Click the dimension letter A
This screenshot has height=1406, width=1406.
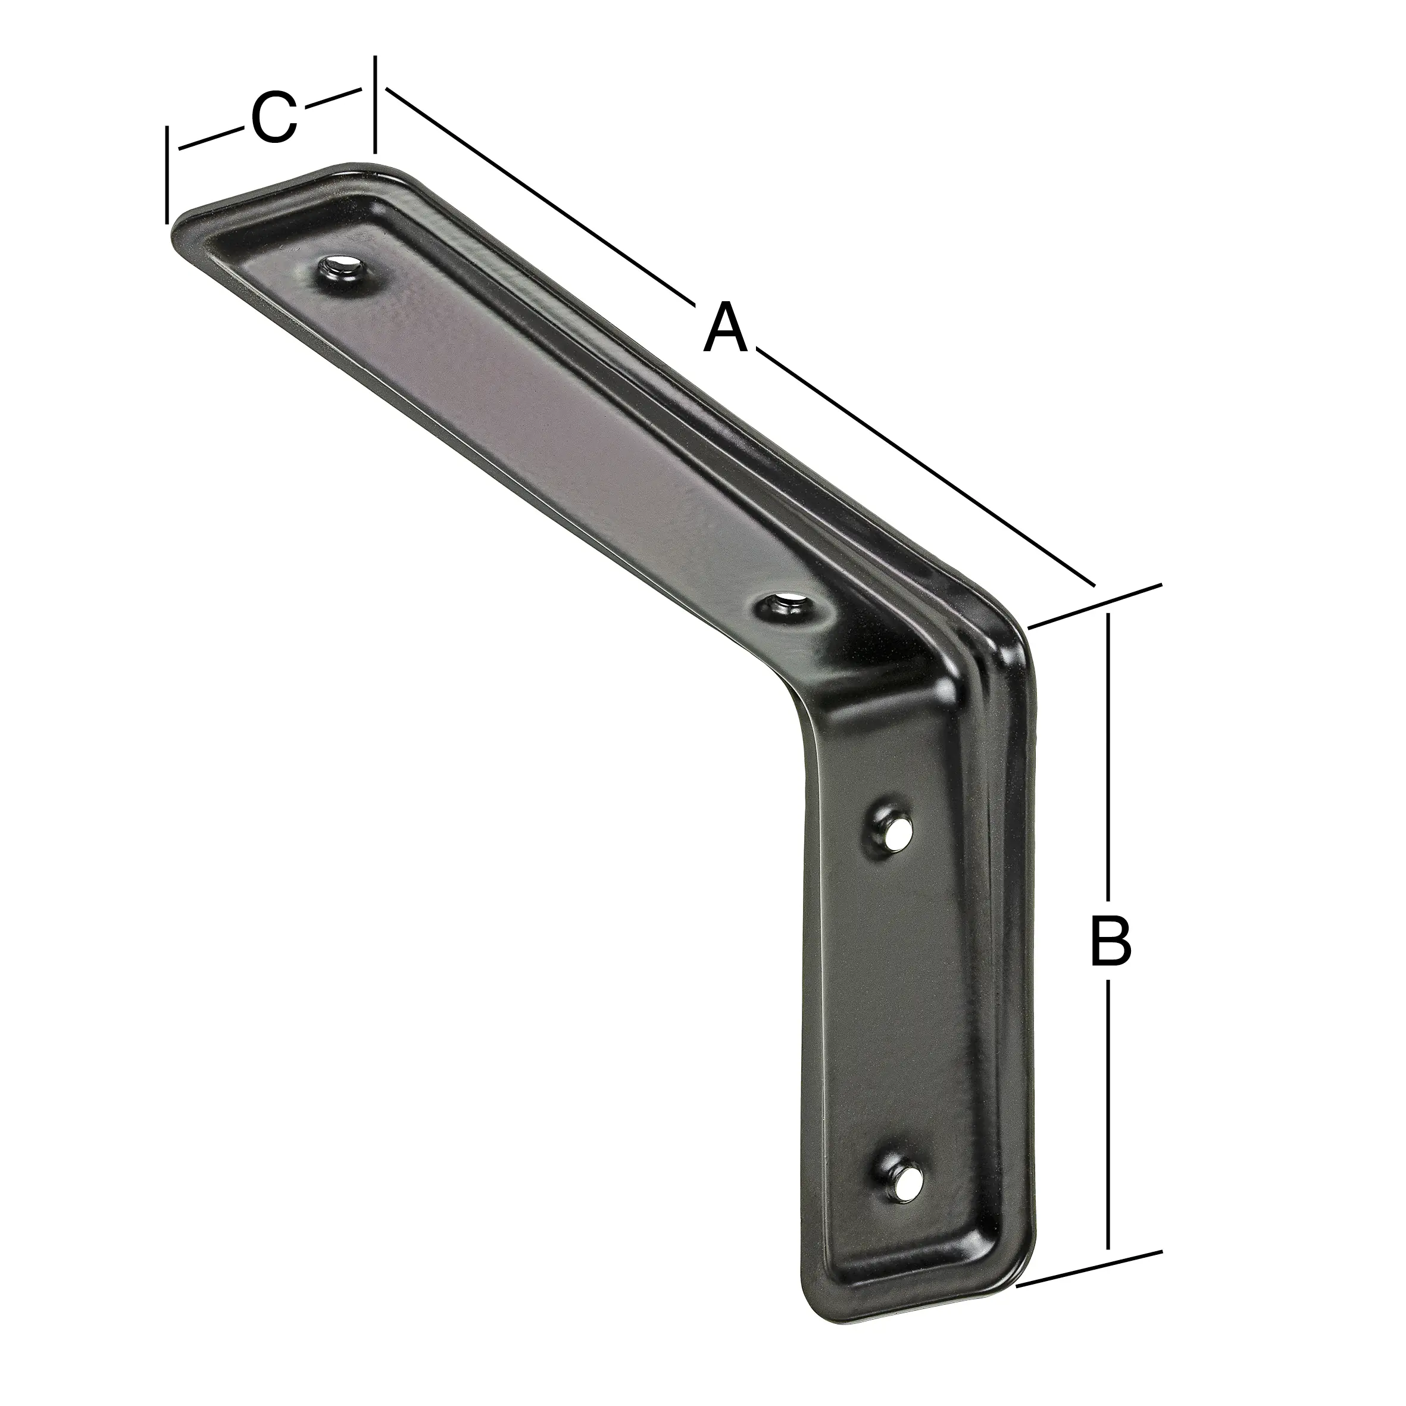tap(726, 329)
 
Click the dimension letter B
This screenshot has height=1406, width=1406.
tap(1110, 942)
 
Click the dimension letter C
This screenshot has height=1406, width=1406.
tap(274, 118)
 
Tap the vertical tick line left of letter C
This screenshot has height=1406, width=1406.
tap(167, 174)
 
